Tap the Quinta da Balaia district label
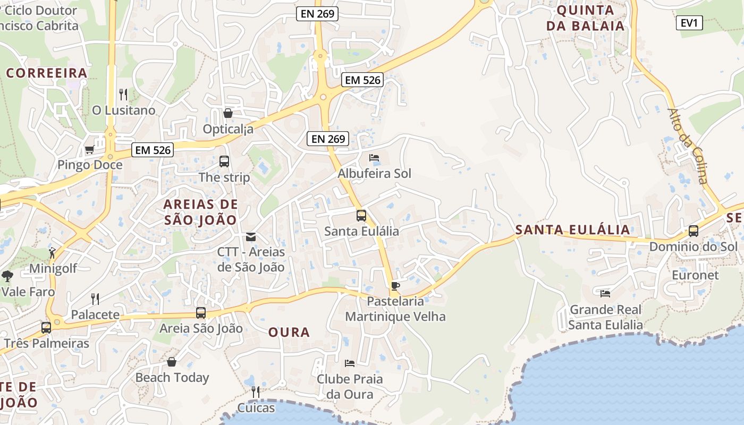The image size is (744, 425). pyautogui.click(x=585, y=18)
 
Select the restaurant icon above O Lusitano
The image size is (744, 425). pyautogui.click(x=123, y=95)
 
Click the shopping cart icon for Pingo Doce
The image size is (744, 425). pyautogui.click(x=89, y=150)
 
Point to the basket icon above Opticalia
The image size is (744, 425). pyautogui.click(x=228, y=113)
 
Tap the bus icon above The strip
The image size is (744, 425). pyautogui.click(x=224, y=161)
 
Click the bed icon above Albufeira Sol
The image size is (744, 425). pyautogui.click(x=374, y=158)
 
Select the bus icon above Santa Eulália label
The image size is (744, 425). pyautogui.click(x=361, y=216)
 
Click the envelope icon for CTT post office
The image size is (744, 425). pyautogui.click(x=251, y=236)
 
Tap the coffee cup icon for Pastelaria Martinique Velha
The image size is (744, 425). pyautogui.click(x=395, y=286)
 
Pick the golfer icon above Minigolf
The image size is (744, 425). pyautogui.click(x=52, y=253)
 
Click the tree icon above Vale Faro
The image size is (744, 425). pyautogui.click(x=7, y=276)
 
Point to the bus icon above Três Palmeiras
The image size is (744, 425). pyautogui.click(x=46, y=327)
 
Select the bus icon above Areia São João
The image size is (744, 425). pyautogui.click(x=201, y=313)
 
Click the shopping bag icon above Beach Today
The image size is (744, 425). pyautogui.click(x=172, y=362)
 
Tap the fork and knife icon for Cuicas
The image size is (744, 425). pyautogui.click(x=256, y=392)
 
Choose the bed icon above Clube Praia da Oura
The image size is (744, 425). pyautogui.click(x=349, y=363)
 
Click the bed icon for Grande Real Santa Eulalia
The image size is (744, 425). pyautogui.click(x=605, y=293)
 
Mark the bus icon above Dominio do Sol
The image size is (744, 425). pyautogui.click(x=694, y=231)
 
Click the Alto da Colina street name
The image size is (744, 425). pyautogui.click(x=688, y=146)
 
